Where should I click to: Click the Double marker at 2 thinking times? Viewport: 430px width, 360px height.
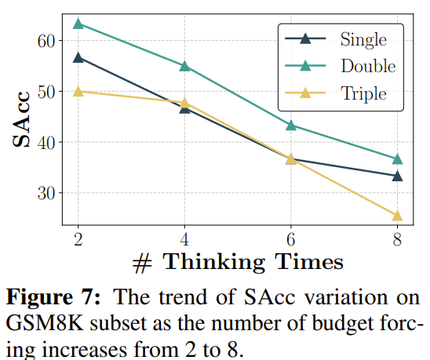tap(78, 24)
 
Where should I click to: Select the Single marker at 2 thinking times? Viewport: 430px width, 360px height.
tap(78, 57)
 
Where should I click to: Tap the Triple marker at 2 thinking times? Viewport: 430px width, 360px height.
tap(78, 91)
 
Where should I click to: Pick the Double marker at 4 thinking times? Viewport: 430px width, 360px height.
tap(184, 66)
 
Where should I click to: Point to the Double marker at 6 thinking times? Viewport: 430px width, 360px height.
tap(291, 125)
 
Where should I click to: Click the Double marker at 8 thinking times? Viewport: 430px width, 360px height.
tap(397, 159)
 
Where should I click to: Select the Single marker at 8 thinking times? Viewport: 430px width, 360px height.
tap(397, 176)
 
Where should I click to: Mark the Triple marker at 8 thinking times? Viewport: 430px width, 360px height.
tap(397, 216)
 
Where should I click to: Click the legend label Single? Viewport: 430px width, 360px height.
tap(363, 40)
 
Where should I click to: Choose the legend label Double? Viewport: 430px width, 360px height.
tap(368, 66)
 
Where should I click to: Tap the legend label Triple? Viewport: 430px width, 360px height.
tap(363, 94)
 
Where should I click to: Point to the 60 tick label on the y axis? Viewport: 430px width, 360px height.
tap(46, 41)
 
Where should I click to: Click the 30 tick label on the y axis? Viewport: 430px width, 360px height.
tap(46, 194)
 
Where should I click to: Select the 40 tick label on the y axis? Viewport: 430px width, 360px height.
tap(46, 143)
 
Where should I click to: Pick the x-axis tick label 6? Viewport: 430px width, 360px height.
tap(291, 240)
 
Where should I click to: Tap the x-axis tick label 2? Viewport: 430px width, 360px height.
tap(78, 240)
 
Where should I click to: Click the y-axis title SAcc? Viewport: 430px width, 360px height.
tap(21, 119)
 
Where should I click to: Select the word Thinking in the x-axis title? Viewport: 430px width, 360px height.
tap(214, 262)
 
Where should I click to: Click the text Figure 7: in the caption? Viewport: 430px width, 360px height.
tap(53, 296)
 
